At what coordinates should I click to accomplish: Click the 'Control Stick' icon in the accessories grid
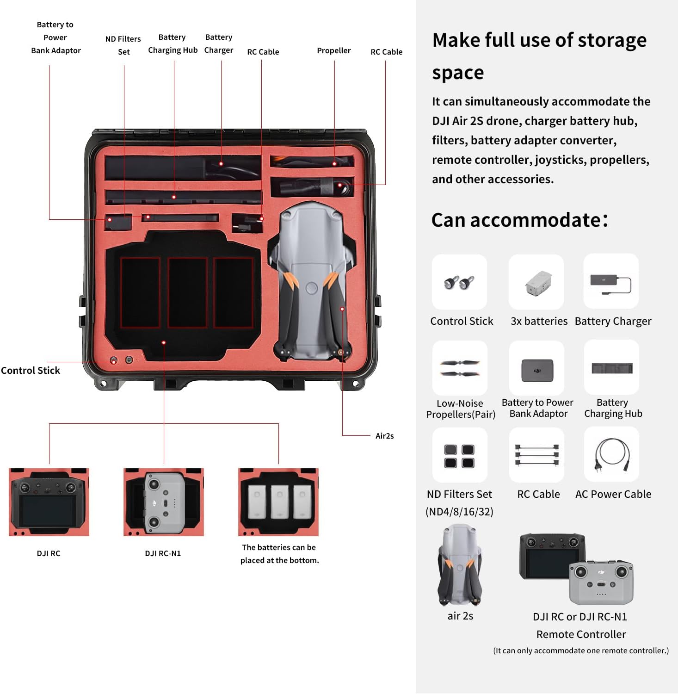[x=459, y=282]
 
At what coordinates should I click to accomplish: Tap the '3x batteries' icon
[x=536, y=282]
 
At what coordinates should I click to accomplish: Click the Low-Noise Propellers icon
[x=460, y=368]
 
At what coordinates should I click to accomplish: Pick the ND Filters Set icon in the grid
[x=460, y=455]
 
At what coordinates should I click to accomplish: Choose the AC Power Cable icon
[x=611, y=454]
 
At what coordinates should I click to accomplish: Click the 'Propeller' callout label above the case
[x=333, y=50]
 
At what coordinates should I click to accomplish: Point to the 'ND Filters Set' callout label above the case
[x=123, y=45]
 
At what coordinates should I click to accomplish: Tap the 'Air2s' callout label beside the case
[x=384, y=436]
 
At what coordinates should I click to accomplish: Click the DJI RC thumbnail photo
[x=49, y=502]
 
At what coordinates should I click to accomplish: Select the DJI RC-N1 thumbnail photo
[x=164, y=502]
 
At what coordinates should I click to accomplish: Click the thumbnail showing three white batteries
[x=278, y=502]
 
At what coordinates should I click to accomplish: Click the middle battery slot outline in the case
[x=187, y=292]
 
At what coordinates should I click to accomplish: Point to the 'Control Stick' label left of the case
[x=31, y=370]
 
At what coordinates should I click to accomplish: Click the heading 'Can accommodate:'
[x=519, y=220]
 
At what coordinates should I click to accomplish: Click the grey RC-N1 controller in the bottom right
[x=601, y=582]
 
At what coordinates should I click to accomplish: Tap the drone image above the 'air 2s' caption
[x=460, y=564]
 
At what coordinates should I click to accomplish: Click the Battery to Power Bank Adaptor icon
[x=536, y=370]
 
